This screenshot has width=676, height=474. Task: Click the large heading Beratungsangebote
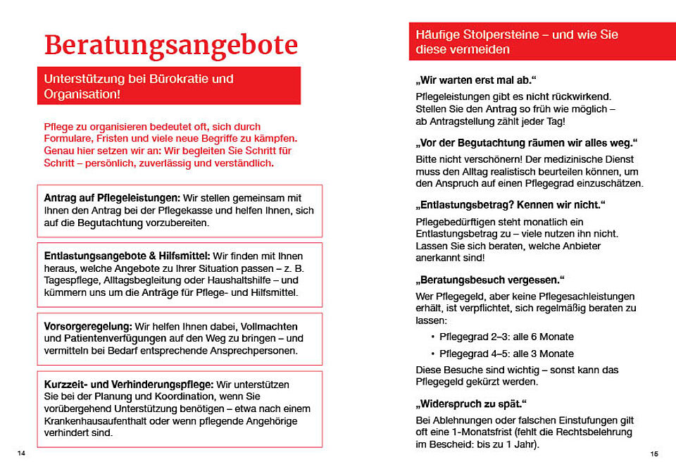click(x=171, y=45)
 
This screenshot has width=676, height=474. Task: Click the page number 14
click(x=21, y=453)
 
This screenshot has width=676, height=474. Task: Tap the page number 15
click(x=654, y=454)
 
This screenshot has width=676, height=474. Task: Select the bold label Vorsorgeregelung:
click(x=88, y=327)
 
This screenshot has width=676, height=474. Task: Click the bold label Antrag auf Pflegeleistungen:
click(x=113, y=198)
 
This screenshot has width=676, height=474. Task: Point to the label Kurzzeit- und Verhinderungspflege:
click(x=128, y=385)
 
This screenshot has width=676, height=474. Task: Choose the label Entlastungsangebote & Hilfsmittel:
click(x=127, y=256)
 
